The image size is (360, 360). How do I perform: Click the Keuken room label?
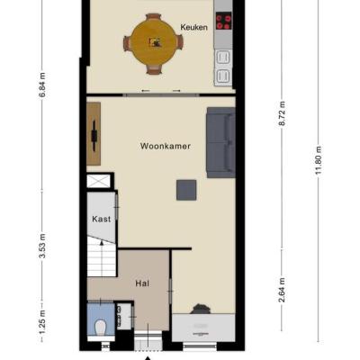click(193, 27)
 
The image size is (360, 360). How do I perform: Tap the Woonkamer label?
click(166, 147)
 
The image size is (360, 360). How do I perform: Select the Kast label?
click(102, 219)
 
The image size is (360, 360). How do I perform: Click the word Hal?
click(142, 283)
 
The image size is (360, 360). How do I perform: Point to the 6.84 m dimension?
click(42, 85)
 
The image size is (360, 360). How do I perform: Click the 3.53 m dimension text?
click(42, 246)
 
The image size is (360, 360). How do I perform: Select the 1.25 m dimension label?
click(42, 322)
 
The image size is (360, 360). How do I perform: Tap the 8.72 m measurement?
click(283, 114)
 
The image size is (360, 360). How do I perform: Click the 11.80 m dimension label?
click(319, 161)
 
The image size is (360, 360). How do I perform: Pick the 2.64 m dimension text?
click(283, 290)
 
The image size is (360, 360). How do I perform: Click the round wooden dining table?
click(154, 43)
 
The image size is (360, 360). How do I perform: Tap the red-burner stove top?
click(223, 21)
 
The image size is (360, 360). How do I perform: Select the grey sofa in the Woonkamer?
click(220, 142)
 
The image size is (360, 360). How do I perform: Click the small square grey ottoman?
click(186, 190)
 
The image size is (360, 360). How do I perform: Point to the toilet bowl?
click(101, 327)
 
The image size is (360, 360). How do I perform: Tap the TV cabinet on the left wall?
click(94, 134)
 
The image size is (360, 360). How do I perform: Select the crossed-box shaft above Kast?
click(98, 181)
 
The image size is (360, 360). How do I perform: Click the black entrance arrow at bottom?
click(148, 358)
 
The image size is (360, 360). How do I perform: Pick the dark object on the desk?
click(199, 309)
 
